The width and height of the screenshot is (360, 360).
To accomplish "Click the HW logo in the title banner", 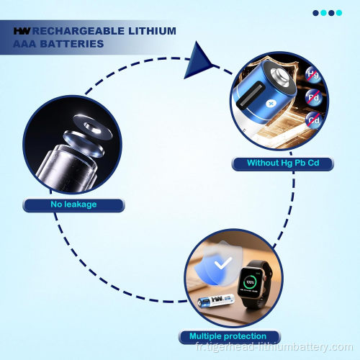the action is (22, 31).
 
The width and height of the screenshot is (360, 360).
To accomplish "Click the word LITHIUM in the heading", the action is (152, 31).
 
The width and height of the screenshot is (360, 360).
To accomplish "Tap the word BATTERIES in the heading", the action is (72, 44).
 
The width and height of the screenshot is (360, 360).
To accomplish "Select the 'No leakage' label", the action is (73, 204).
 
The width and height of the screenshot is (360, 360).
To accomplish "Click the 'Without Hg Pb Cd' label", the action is (283, 163).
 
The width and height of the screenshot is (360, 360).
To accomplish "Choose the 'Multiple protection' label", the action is (228, 336).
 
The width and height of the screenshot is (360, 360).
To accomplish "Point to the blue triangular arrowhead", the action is (197, 62).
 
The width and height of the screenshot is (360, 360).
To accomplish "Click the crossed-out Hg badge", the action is (313, 74).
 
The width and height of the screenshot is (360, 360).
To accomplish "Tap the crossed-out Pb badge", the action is (313, 97).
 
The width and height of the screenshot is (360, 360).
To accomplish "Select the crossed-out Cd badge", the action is (314, 120).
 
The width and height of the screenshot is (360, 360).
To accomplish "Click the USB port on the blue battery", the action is (251, 96).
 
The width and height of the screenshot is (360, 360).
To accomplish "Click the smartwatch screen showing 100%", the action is (251, 283).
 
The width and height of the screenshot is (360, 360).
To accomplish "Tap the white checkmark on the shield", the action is (223, 264).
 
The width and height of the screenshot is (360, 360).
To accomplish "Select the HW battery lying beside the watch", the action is (216, 301).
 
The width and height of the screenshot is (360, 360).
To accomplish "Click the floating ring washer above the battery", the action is (93, 126).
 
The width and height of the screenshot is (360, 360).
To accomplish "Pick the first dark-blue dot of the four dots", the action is (316, 13).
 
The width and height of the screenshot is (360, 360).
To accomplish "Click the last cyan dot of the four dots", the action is (339, 13).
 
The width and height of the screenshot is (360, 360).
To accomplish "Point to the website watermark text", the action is (274, 347).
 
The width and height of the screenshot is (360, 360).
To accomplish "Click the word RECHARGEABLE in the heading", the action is (78, 31).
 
